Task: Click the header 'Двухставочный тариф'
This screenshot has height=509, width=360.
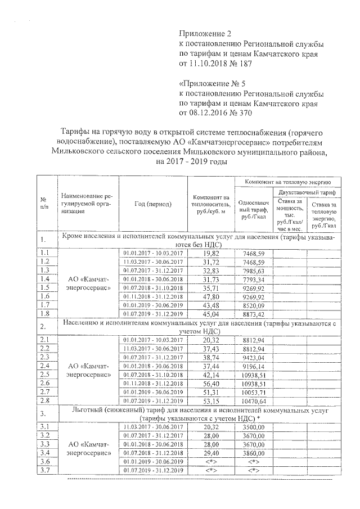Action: coord(307,192)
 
